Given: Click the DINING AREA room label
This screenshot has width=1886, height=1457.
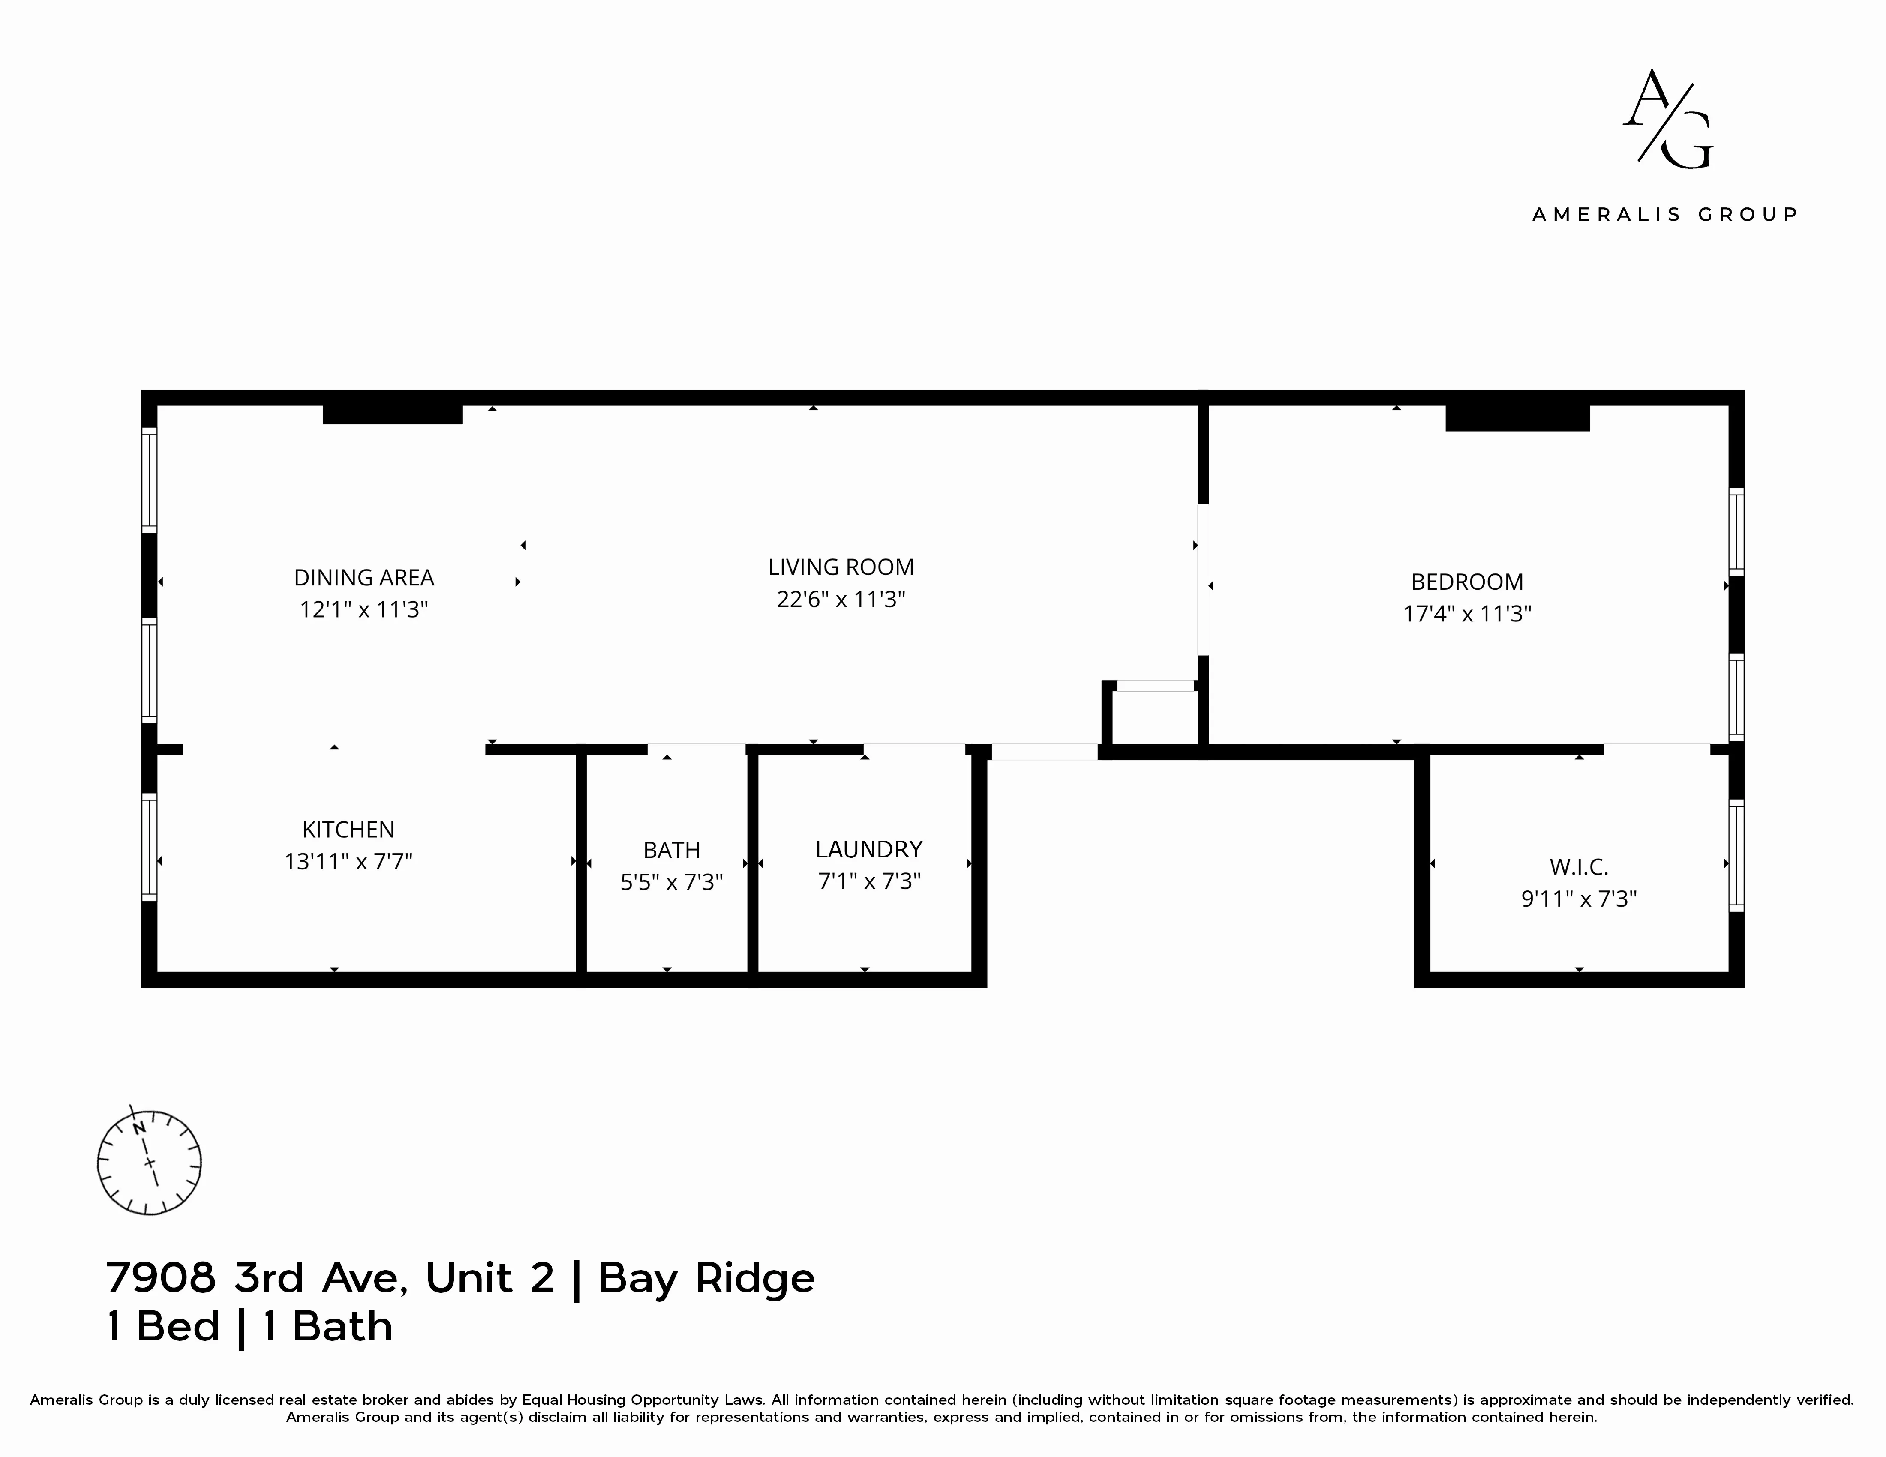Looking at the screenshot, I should coord(363,578).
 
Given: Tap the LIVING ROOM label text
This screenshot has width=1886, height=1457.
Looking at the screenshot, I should coord(840,567).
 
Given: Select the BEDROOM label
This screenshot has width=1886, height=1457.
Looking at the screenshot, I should coord(1466,582).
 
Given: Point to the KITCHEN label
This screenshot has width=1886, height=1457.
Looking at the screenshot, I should coord(348,830).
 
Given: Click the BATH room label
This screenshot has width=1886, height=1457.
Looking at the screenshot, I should coord(671,850).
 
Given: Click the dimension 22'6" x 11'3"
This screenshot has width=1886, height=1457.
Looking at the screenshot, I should coord(840,599).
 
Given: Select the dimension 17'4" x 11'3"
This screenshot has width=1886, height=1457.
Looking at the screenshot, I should coord(1466,614).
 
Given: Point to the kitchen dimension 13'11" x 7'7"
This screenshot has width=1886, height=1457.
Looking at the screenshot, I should coord(348,861).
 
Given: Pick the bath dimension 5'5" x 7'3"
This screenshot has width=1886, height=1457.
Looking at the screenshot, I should coord(671,882).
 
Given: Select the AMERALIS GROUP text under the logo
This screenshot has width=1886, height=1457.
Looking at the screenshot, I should coord(1664,214).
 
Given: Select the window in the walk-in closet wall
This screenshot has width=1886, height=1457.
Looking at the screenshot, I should coord(1736,855).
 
